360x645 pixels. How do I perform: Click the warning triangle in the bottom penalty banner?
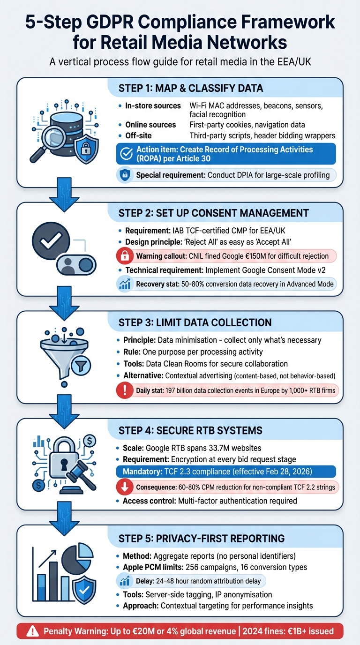(32, 631)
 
